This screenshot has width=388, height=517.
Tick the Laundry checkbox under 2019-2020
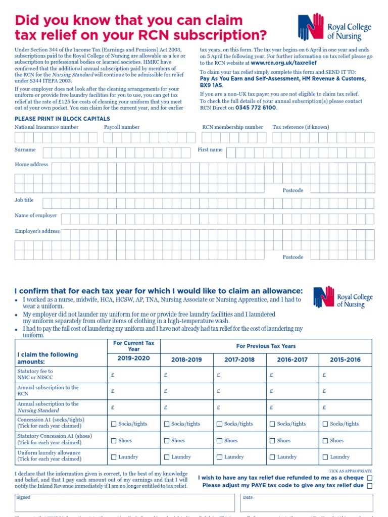click(114, 457)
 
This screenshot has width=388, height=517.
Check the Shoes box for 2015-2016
click(325, 441)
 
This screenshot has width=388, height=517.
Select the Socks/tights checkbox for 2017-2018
click(219, 424)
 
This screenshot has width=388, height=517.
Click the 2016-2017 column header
click(293, 360)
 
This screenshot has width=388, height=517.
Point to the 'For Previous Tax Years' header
click(266, 346)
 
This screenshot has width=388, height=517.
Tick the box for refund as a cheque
click(370, 478)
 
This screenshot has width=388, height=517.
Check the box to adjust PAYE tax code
click(370, 486)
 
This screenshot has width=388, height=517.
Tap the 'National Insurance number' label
click(46, 127)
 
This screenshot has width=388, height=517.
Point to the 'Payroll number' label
click(122, 127)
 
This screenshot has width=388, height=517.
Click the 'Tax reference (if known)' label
click(301, 127)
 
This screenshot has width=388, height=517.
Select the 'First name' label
click(210, 150)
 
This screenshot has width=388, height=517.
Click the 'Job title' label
click(24, 200)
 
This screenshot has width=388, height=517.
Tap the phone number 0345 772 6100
click(256, 108)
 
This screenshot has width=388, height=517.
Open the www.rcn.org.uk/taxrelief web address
click(283, 64)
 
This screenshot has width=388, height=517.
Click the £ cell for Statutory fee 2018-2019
click(186, 375)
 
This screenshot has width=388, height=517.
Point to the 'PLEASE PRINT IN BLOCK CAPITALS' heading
click(62, 119)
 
